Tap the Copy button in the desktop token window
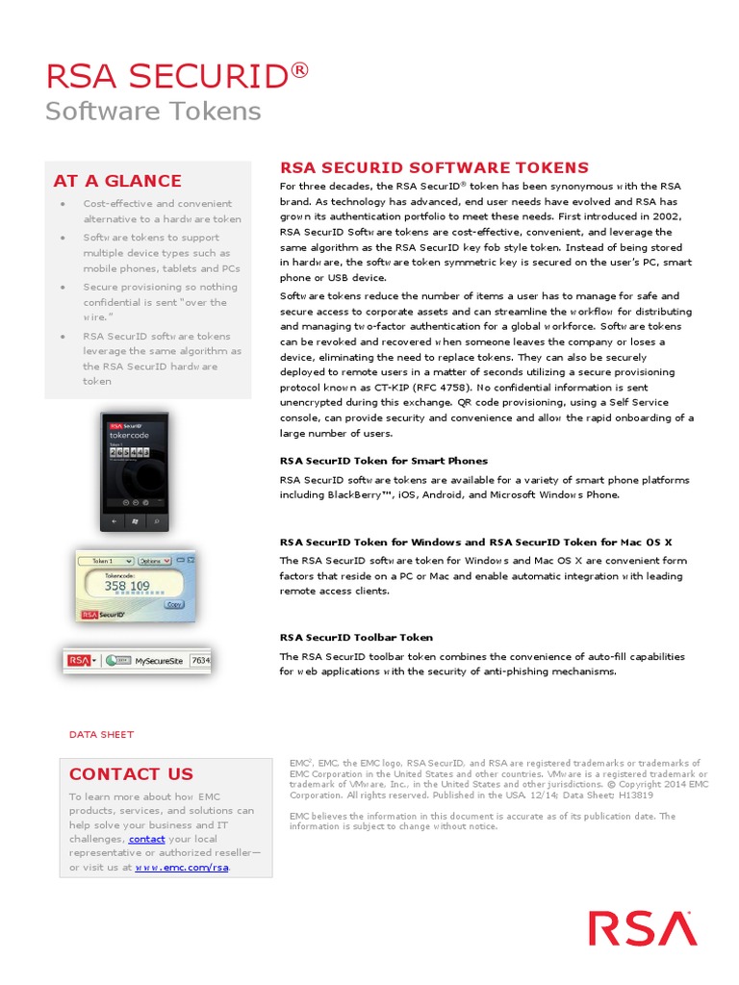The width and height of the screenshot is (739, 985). [174, 604]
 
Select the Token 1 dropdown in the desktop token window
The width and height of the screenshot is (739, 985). [105, 560]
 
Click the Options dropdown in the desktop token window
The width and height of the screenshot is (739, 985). [154, 560]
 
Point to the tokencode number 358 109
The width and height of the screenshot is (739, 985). [127, 585]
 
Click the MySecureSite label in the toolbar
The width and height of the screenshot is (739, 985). [159, 661]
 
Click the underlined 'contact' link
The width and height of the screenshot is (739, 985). [146, 839]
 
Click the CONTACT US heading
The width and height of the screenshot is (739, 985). [131, 773]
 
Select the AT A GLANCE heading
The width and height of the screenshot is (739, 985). [117, 181]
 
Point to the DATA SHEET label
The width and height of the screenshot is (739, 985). [101, 734]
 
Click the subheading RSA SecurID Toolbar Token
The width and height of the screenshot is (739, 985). [356, 637]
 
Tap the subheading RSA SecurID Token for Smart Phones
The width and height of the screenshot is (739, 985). [383, 461]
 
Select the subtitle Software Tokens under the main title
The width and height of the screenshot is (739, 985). [153, 111]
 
